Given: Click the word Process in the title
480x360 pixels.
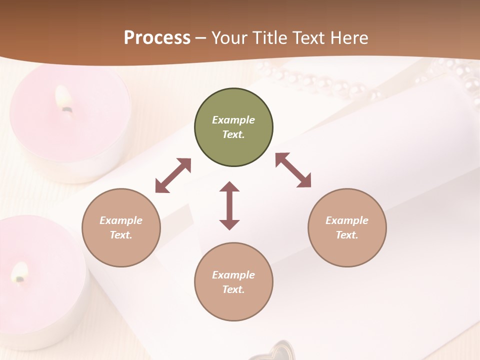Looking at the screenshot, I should coord(157,38).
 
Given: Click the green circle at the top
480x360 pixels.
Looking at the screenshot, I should coord(233,127).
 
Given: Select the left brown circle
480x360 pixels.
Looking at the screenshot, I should coord(121,227).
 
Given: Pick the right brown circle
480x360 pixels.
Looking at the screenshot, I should coord(347,227).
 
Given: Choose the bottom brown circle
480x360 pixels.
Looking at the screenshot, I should coord(233,282).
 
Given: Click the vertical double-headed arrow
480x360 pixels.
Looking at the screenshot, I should coord(229,205).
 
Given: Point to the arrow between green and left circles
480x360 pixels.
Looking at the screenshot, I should coord(173,175).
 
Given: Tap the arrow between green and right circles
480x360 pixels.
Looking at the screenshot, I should coord(293,170).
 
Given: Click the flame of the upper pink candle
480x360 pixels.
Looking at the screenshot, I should coord(64,98).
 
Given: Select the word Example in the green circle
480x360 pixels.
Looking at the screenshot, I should coord(233,120).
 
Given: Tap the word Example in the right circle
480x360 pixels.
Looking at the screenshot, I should coord(347,220).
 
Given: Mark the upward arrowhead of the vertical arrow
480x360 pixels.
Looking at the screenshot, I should coord(229,187).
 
